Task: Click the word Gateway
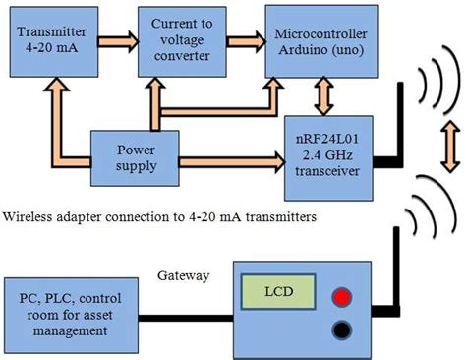pyautogui.click(x=184, y=276)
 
